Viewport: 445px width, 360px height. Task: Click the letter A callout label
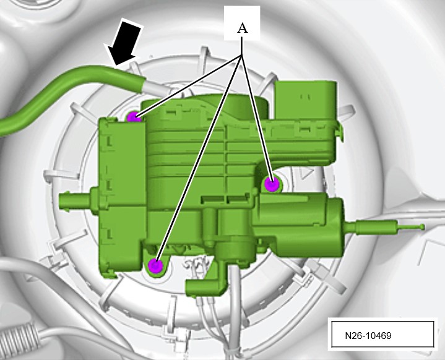[242, 28]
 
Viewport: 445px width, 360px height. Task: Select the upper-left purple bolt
[134, 117]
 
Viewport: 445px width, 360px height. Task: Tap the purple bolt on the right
[272, 184]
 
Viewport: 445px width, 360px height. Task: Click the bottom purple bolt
[155, 266]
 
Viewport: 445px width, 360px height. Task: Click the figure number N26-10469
[368, 336]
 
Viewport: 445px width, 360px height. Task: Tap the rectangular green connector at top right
[305, 100]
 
